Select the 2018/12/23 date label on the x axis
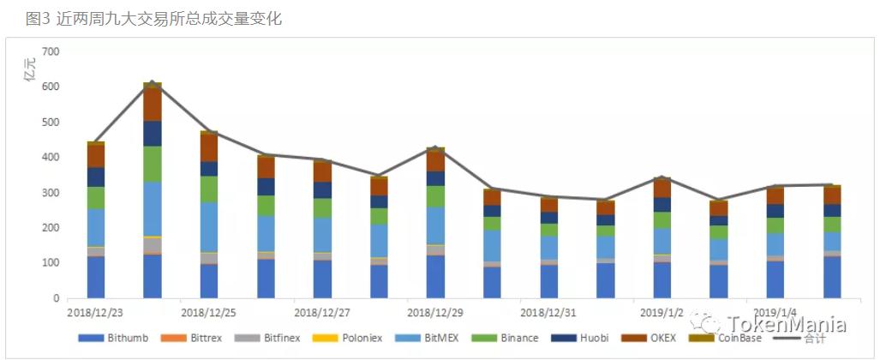(x=96, y=313)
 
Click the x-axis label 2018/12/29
(x=435, y=313)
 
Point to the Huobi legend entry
(x=586, y=339)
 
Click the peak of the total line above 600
(x=153, y=83)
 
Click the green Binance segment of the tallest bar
(x=153, y=164)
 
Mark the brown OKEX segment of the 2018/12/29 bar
(x=435, y=160)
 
